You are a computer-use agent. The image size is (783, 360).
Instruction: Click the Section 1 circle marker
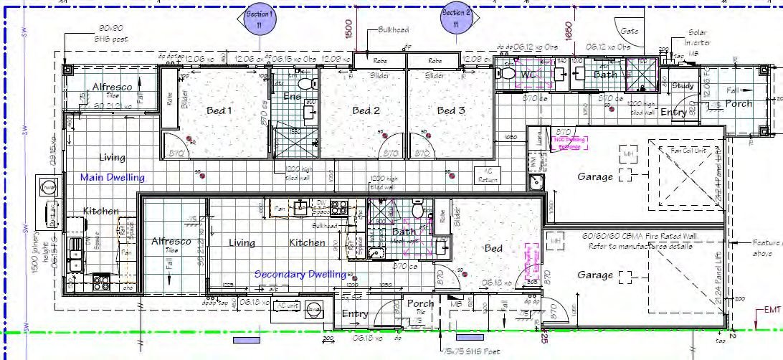click(259, 19)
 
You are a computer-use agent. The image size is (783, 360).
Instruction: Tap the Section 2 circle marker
click(456, 19)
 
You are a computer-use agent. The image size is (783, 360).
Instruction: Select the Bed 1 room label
click(219, 110)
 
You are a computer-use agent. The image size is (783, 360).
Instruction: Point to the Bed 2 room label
click(365, 110)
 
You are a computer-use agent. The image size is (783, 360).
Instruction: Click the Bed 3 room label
click(451, 110)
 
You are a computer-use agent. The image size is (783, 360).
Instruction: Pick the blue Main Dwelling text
click(112, 177)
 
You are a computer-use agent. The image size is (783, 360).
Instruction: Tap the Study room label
click(681, 86)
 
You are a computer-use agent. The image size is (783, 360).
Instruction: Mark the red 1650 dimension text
click(569, 29)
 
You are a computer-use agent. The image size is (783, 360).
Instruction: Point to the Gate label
click(630, 32)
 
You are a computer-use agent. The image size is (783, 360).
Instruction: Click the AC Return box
click(488, 174)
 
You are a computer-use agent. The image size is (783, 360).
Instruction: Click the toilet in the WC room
click(508, 74)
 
